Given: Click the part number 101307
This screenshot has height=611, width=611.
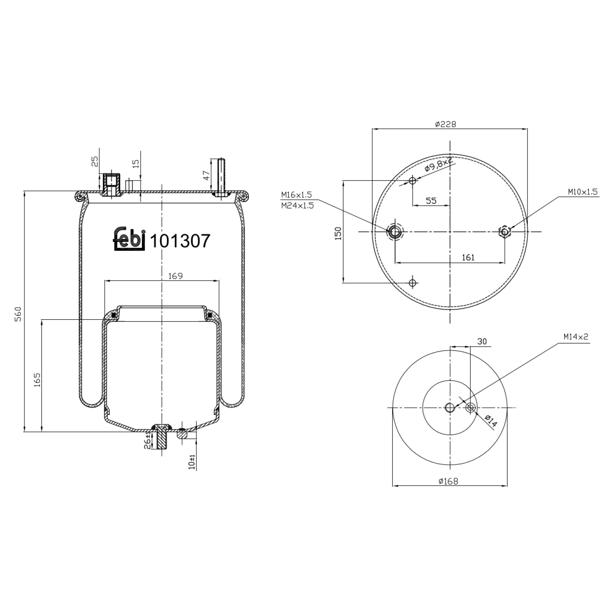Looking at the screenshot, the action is pyautogui.click(x=180, y=241).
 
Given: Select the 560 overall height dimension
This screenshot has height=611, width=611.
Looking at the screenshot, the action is pyautogui.click(x=18, y=314).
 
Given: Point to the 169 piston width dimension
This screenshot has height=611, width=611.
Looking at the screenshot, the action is pyautogui.click(x=175, y=276).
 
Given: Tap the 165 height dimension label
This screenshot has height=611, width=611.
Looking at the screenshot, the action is pyautogui.click(x=37, y=380).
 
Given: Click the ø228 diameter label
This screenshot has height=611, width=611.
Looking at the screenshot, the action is pyautogui.click(x=445, y=124).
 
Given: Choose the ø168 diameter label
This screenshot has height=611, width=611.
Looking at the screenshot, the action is pyautogui.click(x=448, y=481).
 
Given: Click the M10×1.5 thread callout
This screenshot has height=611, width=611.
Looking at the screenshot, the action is pyautogui.click(x=583, y=191).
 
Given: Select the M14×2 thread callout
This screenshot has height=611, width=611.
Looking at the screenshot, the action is pyautogui.click(x=576, y=337).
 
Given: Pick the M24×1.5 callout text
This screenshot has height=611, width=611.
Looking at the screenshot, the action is pyautogui.click(x=297, y=206).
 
